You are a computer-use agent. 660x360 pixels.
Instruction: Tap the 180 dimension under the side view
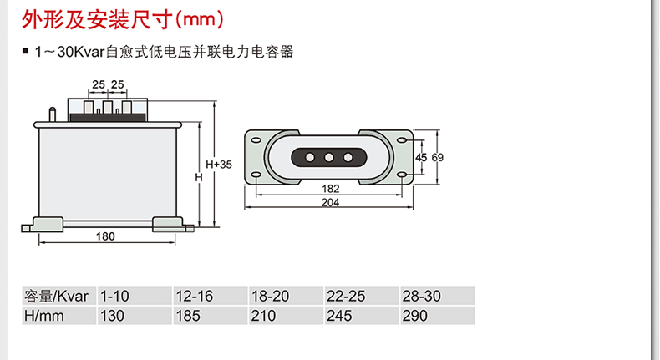tap(104, 237)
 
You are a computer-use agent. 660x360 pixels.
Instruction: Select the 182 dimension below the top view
tap(330, 190)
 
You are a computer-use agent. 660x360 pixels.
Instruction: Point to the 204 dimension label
tap(330, 203)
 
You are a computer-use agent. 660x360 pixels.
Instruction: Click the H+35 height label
tap(219, 165)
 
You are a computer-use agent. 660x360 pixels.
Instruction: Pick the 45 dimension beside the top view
tap(420, 157)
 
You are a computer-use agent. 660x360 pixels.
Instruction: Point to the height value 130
tap(112, 316)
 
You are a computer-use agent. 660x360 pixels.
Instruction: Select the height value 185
tap(189, 316)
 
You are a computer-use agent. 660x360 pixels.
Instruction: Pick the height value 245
tap(339, 316)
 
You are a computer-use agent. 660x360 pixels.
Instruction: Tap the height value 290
tap(414, 316)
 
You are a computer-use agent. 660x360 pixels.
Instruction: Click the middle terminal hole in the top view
tap(329, 157)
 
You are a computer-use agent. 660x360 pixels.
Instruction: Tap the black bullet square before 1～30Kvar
tap(25, 54)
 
